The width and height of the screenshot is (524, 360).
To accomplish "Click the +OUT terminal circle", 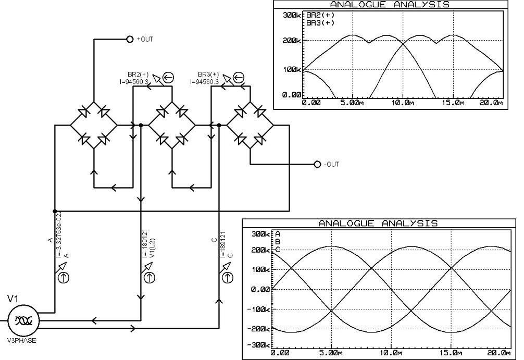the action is tap(130, 39).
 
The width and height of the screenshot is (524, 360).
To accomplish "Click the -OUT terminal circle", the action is tap(318, 164).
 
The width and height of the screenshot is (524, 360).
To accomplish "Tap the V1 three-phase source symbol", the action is tap(23, 320).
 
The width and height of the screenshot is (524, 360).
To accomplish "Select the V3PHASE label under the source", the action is tap(22, 341).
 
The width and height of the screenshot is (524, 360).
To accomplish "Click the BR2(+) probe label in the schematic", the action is tap(138, 74).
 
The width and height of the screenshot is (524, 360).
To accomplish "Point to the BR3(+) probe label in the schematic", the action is tap(208, 74).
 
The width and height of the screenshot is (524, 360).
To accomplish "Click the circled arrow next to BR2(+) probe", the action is tap(168, 78).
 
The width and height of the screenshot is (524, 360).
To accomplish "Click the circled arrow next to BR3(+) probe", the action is tap(238, 78).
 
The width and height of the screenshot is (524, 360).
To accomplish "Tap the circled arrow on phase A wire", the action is tap(64, 278).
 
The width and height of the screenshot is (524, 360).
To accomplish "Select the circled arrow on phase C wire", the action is tap(228, 278).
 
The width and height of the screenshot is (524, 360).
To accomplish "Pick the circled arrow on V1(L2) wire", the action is tap(149, 278).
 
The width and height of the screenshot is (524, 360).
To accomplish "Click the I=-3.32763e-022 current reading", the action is tap(59, 234).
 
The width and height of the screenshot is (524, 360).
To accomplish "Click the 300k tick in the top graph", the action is tap(292, 16).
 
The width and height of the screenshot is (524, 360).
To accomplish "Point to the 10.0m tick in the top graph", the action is tap(402, 103).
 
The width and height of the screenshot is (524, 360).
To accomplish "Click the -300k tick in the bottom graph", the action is tap(258, 344).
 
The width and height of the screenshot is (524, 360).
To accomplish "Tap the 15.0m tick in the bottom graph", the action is tap(451, 353).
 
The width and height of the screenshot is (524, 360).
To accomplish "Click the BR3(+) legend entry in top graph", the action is tap(320, 23).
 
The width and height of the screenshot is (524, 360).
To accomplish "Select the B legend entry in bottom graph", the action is tap(278, 242).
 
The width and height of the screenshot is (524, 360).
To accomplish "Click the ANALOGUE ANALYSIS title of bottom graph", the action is tap(378, 224).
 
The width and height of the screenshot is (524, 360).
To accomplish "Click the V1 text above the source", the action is tap(13, 299).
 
